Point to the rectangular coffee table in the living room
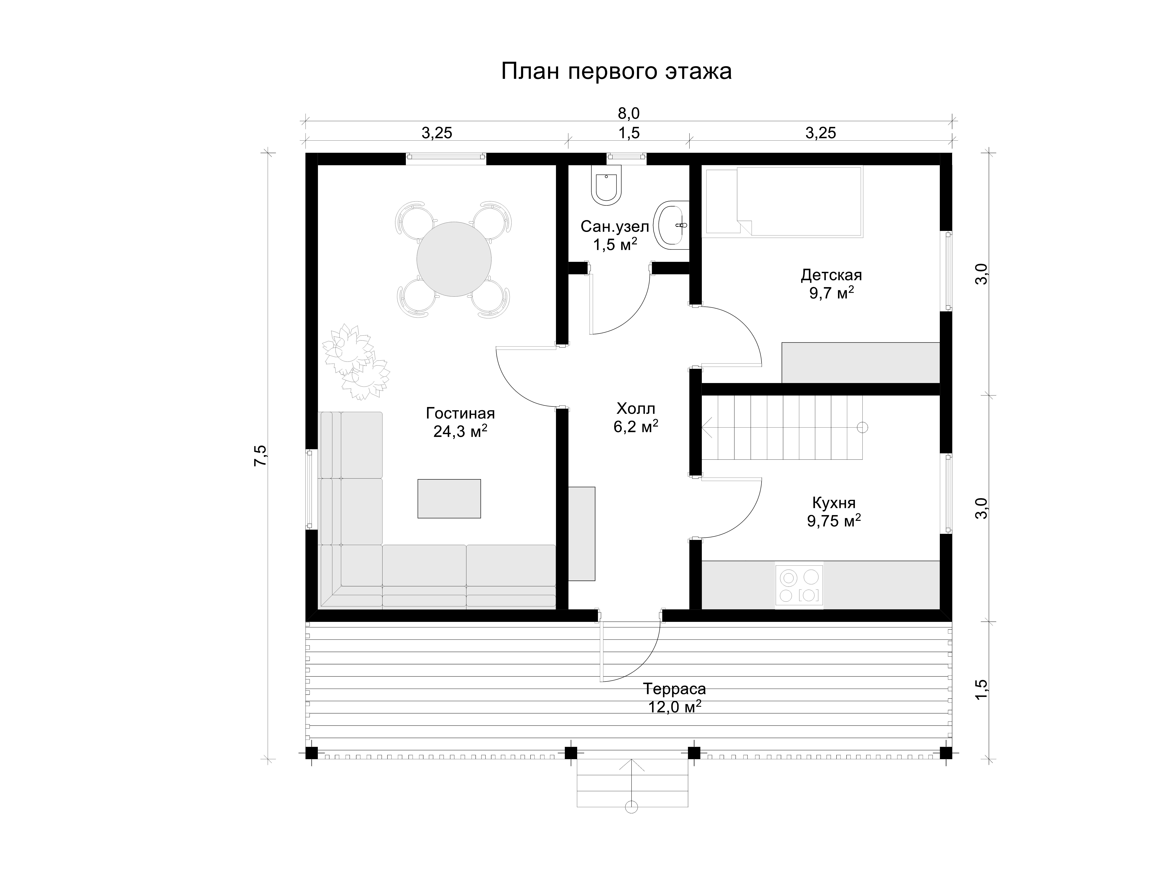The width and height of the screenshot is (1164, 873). pyautogui.click(x=449, y=498)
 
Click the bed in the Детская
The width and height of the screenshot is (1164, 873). pyautogui.click(x=784, y=201)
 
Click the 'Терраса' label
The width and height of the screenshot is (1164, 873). pyautogui.click(x=674, y=688)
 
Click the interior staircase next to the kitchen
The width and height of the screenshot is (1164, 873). pyautogui.click(x=782, y=427)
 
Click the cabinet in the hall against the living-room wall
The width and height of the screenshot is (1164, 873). pyautogui.click(x=581, y=534)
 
